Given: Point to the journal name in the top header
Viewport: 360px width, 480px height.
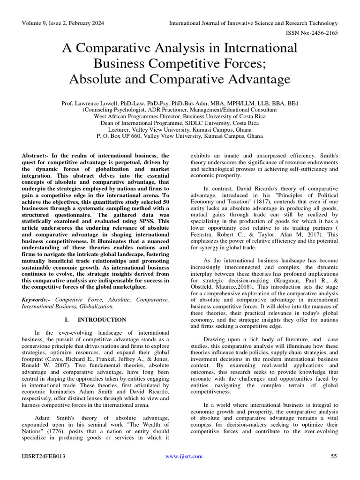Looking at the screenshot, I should [253, 23].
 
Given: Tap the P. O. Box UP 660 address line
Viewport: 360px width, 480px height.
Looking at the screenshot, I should [180, 136].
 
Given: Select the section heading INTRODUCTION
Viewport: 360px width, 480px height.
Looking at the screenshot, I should [102, 320].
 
